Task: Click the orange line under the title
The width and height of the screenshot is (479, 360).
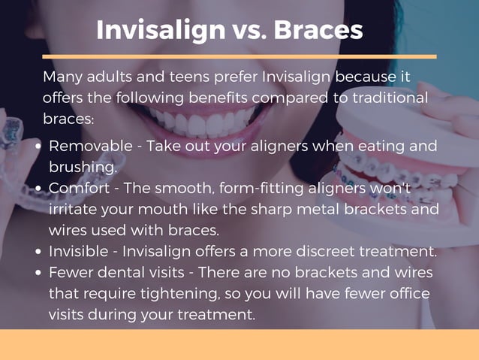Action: click(239, 56)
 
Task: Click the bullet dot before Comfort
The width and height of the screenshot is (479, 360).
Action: click(38, 189)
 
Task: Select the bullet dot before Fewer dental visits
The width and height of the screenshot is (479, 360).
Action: click(38, 273)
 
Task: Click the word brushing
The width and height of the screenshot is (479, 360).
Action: click(82, 167)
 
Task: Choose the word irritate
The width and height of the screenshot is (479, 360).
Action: click(75, 209)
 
